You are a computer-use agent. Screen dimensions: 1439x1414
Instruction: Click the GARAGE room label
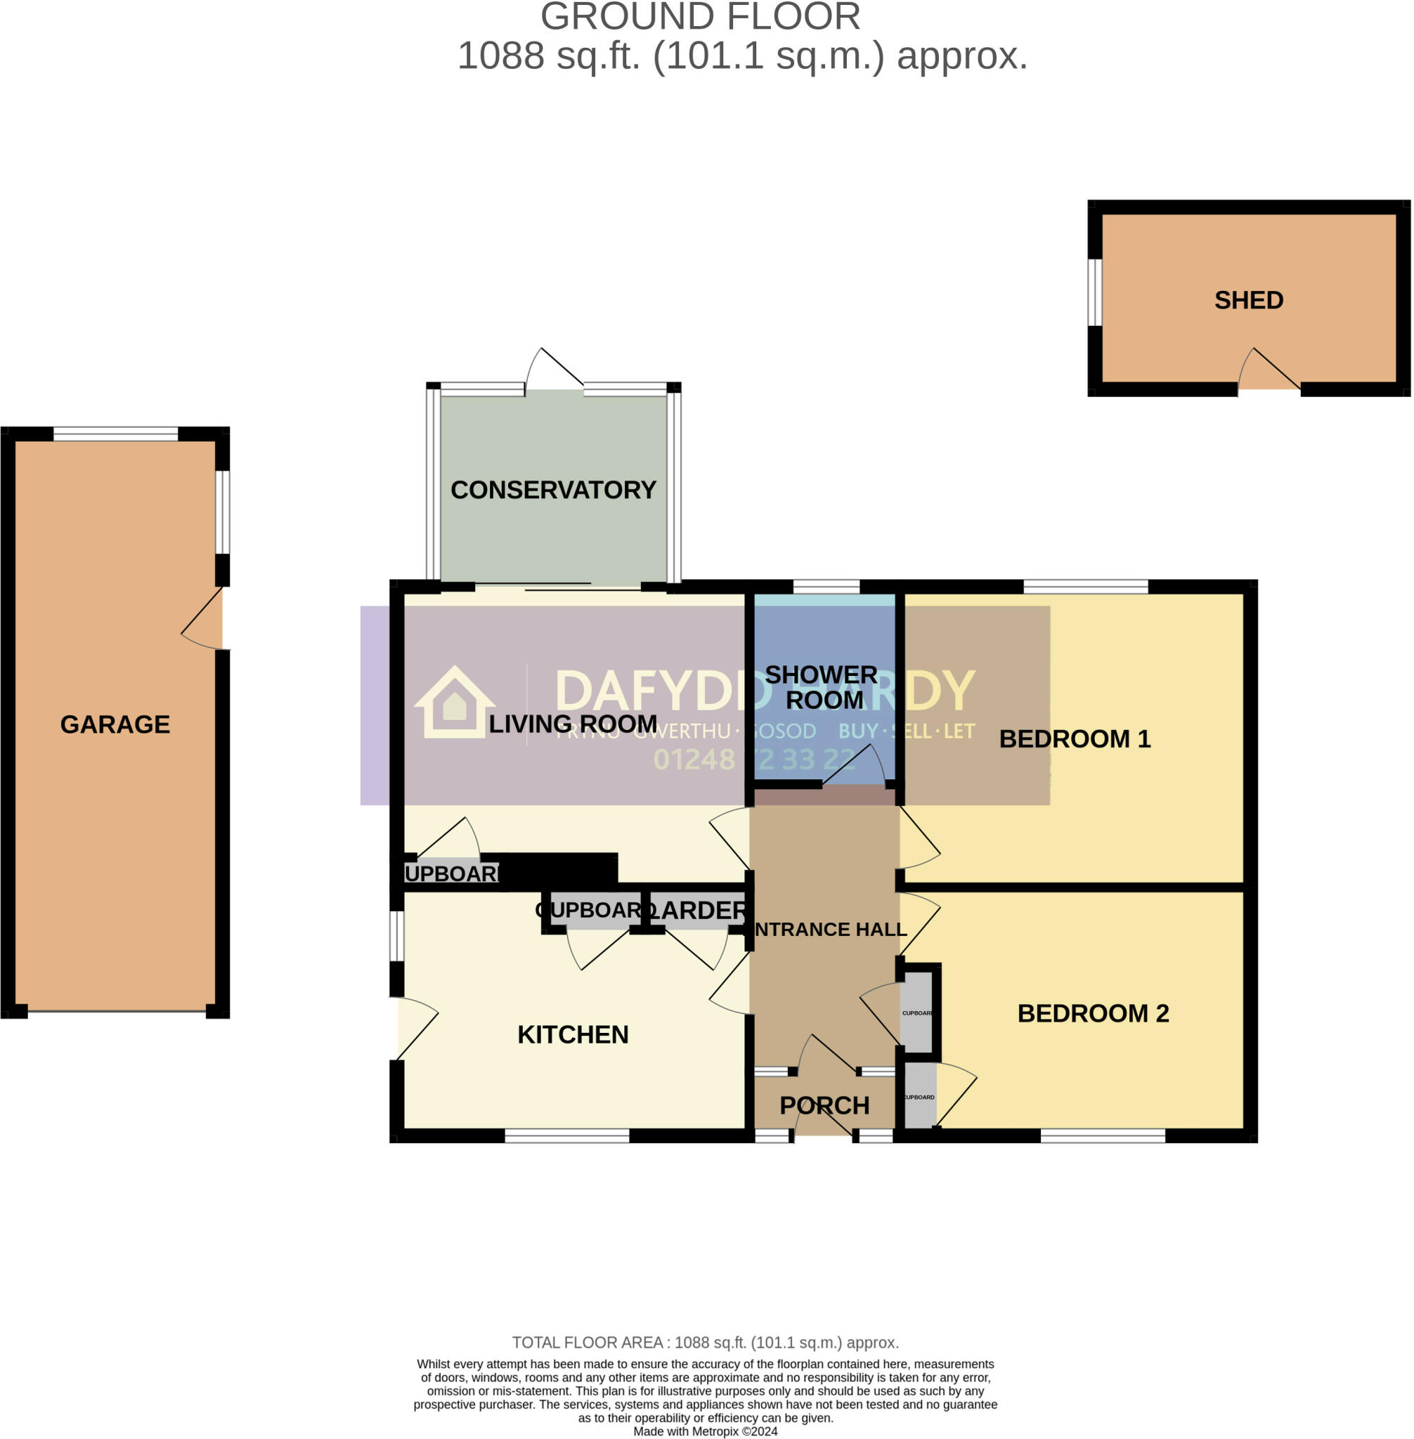(x=115, y=724)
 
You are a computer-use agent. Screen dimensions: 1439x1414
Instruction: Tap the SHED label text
(x=1248, y=300)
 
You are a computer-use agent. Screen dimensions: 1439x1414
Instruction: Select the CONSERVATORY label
(x=553, y=490)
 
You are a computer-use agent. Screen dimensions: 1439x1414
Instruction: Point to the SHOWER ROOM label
(x=822, y=687)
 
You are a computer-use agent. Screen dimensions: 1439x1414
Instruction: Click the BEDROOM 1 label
(x=1075, y=738)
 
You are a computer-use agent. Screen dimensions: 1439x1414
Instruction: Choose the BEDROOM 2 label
(x=1092, y=1013)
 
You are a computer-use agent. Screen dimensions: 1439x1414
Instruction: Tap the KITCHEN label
(x=573, y=1034)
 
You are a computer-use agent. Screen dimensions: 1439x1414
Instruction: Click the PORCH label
(x=824, y=1106)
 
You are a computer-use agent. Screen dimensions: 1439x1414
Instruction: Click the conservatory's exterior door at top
(x=553, y=369)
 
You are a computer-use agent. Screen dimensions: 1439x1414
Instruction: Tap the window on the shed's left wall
(x=1095, y=292)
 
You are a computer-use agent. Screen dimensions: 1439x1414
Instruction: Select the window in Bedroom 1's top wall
(x=1086, y=587)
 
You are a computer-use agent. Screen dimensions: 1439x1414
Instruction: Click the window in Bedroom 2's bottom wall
(x=1102, y=1135)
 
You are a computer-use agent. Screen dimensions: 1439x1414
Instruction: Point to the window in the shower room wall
(x=826, y=587)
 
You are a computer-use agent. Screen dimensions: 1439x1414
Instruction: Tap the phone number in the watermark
(x=753, y=760)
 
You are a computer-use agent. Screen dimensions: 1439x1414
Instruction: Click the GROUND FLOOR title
(x=699, y=16)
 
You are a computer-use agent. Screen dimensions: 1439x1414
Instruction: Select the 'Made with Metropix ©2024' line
(x=705, y=1431)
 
